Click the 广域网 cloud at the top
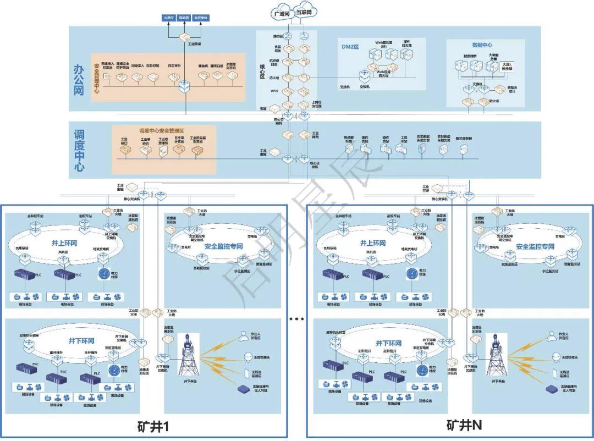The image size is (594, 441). (x=281, y=13)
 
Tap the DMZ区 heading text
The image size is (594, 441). (x=350, y=47)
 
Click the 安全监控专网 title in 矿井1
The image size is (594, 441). (x=223, y=246)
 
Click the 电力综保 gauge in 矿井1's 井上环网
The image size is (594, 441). (x=105, y=273)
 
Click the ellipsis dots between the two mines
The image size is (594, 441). (x=296, y=319)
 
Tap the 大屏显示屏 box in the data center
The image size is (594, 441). (x=507, y=67)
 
